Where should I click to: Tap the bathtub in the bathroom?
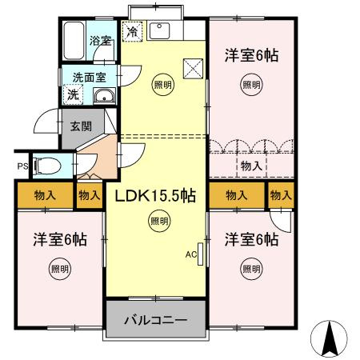coord(74,40)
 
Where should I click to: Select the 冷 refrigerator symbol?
coord(132,33)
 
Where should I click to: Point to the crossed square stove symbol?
coord(193,68)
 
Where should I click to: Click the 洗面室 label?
coord(89,78)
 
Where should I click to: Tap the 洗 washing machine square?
coord(73,94)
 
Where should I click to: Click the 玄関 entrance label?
coord(81,126)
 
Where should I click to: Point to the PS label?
coord(22,166)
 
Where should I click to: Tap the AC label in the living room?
coord(191,255)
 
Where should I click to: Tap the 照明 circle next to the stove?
coord(162,83)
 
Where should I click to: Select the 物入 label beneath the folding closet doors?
coord(250,166)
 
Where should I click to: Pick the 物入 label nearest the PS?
coord(45,194)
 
